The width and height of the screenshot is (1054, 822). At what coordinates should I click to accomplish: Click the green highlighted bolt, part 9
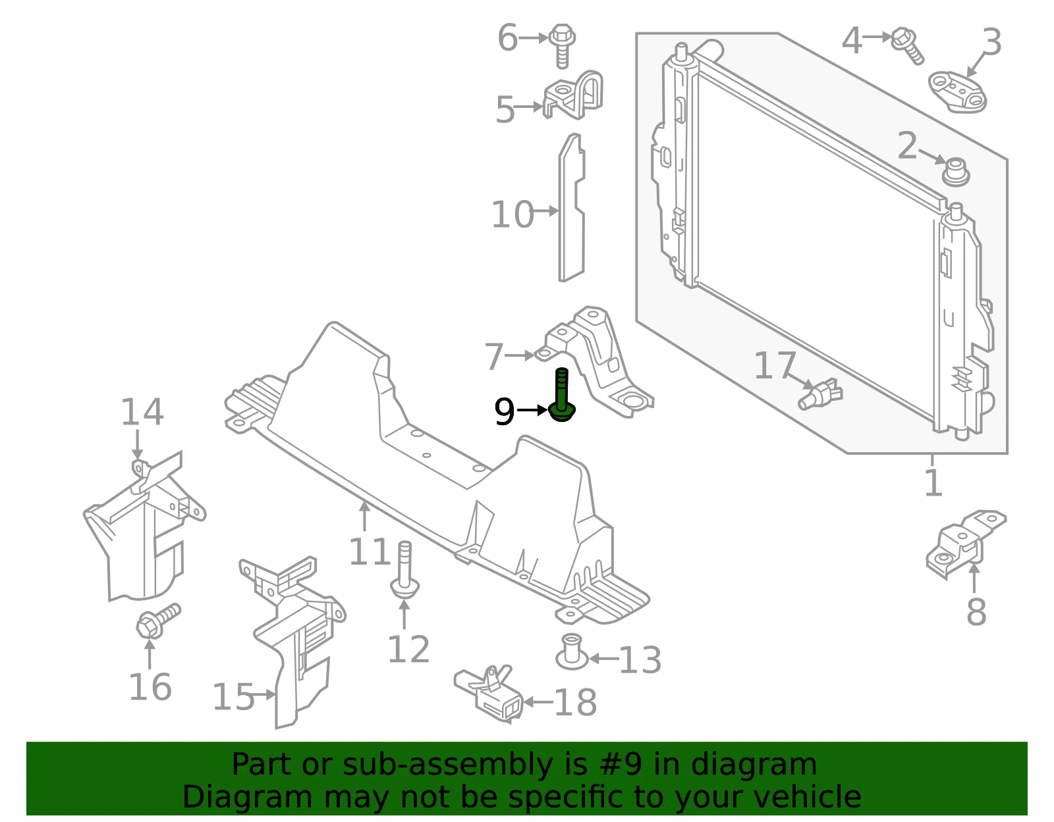[562, 396]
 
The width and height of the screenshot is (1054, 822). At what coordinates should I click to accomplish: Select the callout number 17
[775, 365]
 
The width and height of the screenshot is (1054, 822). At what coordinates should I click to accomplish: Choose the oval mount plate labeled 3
[957, 92]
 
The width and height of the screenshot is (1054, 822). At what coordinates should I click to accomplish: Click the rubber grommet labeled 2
[956, 172]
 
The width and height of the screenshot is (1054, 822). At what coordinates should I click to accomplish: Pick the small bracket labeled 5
[573, 95]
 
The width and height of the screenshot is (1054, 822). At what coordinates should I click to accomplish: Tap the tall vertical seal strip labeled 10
[571, 208]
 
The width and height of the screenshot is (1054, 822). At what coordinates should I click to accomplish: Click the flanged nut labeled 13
[572, 652]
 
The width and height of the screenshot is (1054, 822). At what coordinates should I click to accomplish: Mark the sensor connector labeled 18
[488, 694]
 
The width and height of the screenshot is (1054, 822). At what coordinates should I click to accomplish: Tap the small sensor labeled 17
[820, 394]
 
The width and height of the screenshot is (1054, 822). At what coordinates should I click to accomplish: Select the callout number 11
[370, 552]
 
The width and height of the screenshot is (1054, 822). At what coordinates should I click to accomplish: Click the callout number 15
[233, 697]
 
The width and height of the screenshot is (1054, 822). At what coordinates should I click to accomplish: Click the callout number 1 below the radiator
[933, 483]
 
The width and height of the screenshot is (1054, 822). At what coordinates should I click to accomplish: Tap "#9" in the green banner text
[621, 764]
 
